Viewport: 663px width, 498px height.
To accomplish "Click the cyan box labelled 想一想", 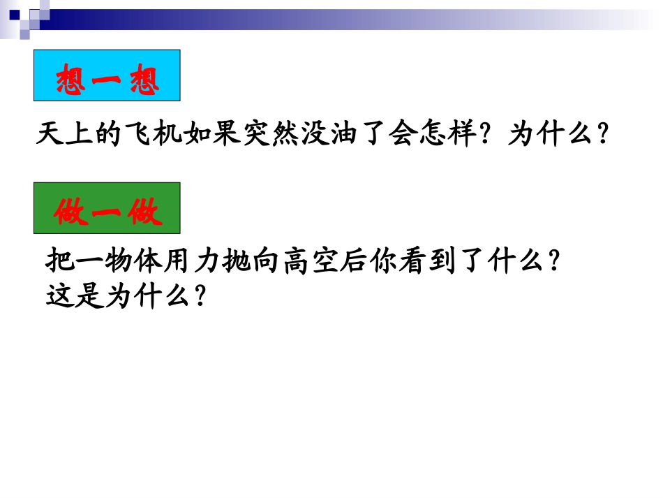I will [107, 75].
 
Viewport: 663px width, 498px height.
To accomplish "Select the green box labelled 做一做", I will [107, 208].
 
